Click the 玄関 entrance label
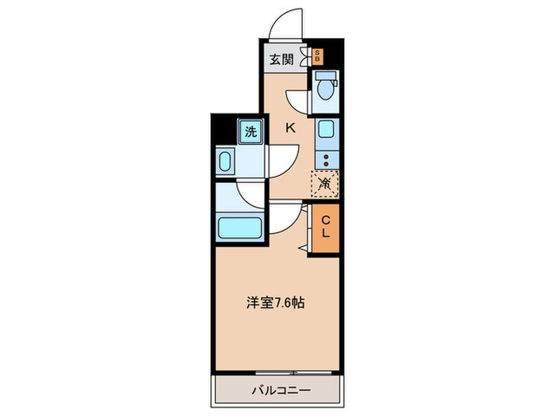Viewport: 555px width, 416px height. click(281, 59)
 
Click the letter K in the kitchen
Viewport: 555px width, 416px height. click(290, 127)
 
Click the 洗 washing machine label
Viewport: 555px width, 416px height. click(251, 132)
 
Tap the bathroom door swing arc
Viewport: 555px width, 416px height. click(250, 194)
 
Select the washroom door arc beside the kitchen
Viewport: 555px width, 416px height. click(285, 158)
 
